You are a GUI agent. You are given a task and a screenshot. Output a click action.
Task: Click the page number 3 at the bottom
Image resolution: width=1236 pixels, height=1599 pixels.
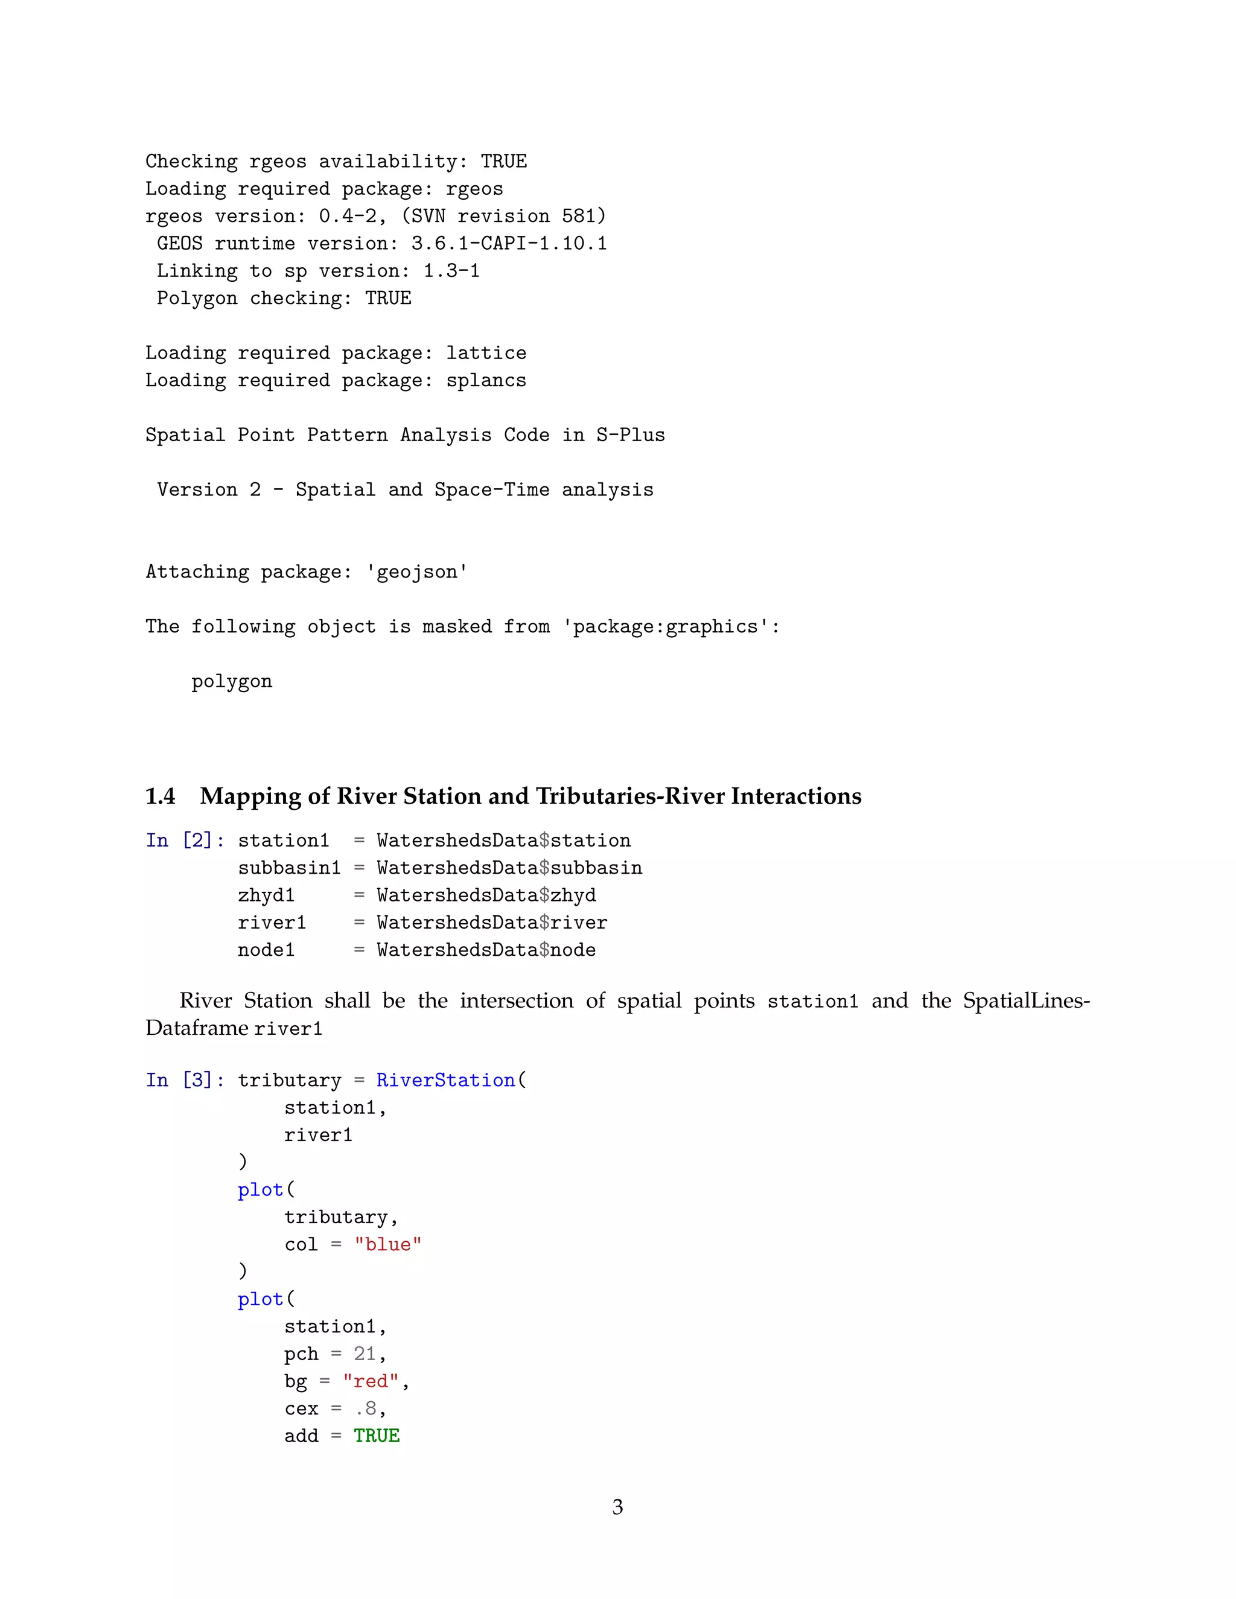pyautogui.click(x=617, y=1506)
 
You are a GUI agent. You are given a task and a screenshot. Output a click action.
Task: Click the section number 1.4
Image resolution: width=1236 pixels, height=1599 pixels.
pyautogui.click(x=161, y=796)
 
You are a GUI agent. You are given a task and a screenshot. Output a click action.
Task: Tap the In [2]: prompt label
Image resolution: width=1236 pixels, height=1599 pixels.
pyautogui.click(x=185, y=840)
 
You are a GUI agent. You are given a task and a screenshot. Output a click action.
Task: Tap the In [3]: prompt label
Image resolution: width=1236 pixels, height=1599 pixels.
pyautogui.click(x=185, y=1080)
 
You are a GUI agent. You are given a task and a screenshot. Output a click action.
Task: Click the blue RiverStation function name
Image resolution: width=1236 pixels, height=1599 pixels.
pyautogui.click(x=446, y=1080)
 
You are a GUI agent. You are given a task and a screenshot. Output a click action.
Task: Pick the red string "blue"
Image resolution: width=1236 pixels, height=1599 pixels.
pyautogui.click(x=388, y=1245)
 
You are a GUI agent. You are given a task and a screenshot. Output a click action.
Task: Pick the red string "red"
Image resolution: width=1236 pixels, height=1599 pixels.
pyautogui.click(x=371, y=1382)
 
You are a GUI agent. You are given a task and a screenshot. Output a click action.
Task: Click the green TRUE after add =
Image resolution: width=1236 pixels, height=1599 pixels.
pyautogui.click(x=377, y=1435)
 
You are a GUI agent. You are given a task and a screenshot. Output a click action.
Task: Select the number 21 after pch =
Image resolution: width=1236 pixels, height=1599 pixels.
pyautogui.click(x=365, y=1354)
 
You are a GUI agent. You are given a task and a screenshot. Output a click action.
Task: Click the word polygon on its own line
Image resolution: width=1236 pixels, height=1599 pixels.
pyautogui.click(x=231, y=682)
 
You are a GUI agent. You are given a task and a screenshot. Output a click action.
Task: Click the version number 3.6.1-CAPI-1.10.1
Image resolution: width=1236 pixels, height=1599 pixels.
pyautogui.click(x=509, y=243)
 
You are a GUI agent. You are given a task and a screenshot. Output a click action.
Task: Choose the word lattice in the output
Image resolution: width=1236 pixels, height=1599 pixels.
pyautogui.click(x=486, y=353)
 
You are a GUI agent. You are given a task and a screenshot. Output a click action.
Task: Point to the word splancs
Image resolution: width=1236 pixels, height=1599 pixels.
pyautogui.click(x=486, y=380)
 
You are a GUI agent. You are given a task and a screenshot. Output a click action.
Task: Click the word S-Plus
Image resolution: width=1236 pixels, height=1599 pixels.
pyautogui.click(x=631, y=435)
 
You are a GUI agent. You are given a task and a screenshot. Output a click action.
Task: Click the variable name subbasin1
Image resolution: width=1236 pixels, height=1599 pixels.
pyautogui.click(x=289, y=868)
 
